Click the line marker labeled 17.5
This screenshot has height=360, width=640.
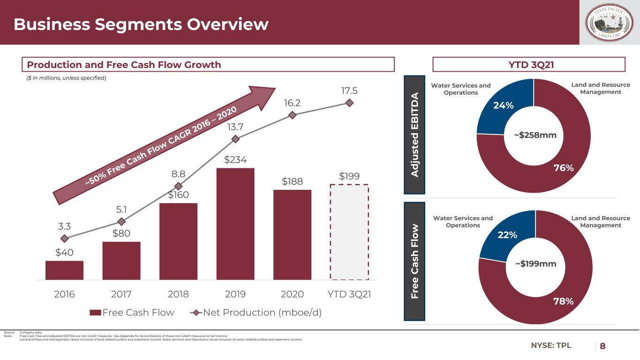[349, 103]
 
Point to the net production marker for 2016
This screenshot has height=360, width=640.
[64, 239]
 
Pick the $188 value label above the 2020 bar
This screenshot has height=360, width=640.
[292, 181]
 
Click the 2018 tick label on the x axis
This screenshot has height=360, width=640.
[178, 294]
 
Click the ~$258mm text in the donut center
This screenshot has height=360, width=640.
[535, 135]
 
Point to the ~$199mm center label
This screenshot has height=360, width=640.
[535, 264]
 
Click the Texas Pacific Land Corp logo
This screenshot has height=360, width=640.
[610, 23]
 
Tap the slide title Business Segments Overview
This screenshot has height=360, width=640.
[141, 24]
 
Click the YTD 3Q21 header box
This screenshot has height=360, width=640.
[529, 65]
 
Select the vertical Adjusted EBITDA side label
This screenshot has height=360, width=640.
[414, 134]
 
